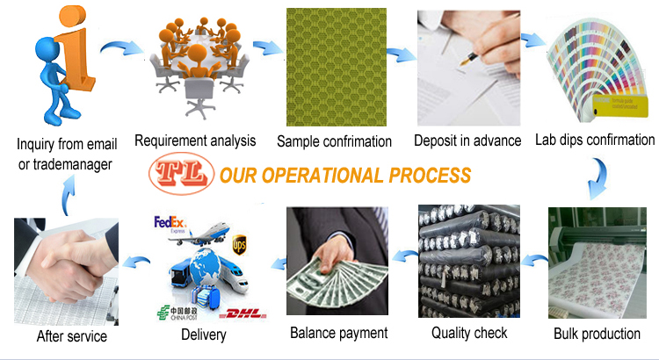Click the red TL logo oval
coord(182,174)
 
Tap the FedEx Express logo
coord(170,223)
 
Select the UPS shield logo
coord(239,245)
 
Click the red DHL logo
coord(243,313)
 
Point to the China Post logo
coord(177,313)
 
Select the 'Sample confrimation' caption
coord(334,141)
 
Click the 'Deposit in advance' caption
coord(467,140)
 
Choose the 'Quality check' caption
coord(469,333)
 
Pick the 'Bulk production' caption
coord(597,334)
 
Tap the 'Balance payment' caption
coord(339,333)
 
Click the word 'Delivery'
coord(204,335)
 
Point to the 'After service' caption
coord(71,336)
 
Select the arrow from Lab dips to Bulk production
coord(599,178)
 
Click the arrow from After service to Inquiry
coord(68,195)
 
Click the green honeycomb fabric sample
coord(337,68)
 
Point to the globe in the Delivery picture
coord(205,270)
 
